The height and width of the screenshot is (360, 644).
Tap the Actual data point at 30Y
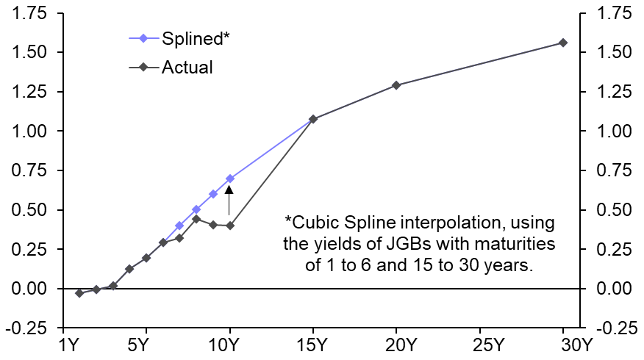point(563,43)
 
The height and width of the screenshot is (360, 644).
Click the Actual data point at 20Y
point(396,85)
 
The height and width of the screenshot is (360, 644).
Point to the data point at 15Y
point(313,119)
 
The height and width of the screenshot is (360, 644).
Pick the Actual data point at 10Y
point(230,226)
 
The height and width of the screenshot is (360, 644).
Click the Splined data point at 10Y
point(230,179)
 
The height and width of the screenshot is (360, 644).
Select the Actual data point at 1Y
point(79,293)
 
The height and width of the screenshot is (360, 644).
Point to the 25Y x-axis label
point(479,345)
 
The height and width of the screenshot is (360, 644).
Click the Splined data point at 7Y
point(179,226)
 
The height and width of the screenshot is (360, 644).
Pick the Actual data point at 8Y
point(196,219)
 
